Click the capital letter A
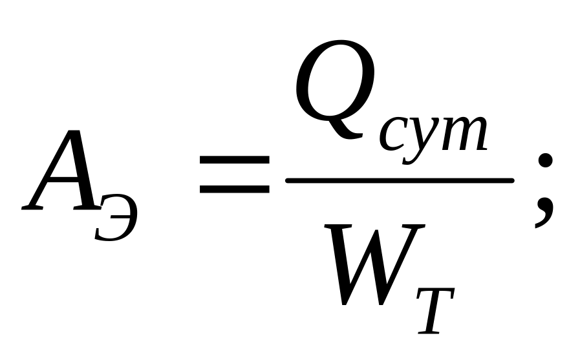pos(61,171)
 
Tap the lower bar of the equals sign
pos(235,189)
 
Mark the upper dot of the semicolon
pos(544,162)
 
